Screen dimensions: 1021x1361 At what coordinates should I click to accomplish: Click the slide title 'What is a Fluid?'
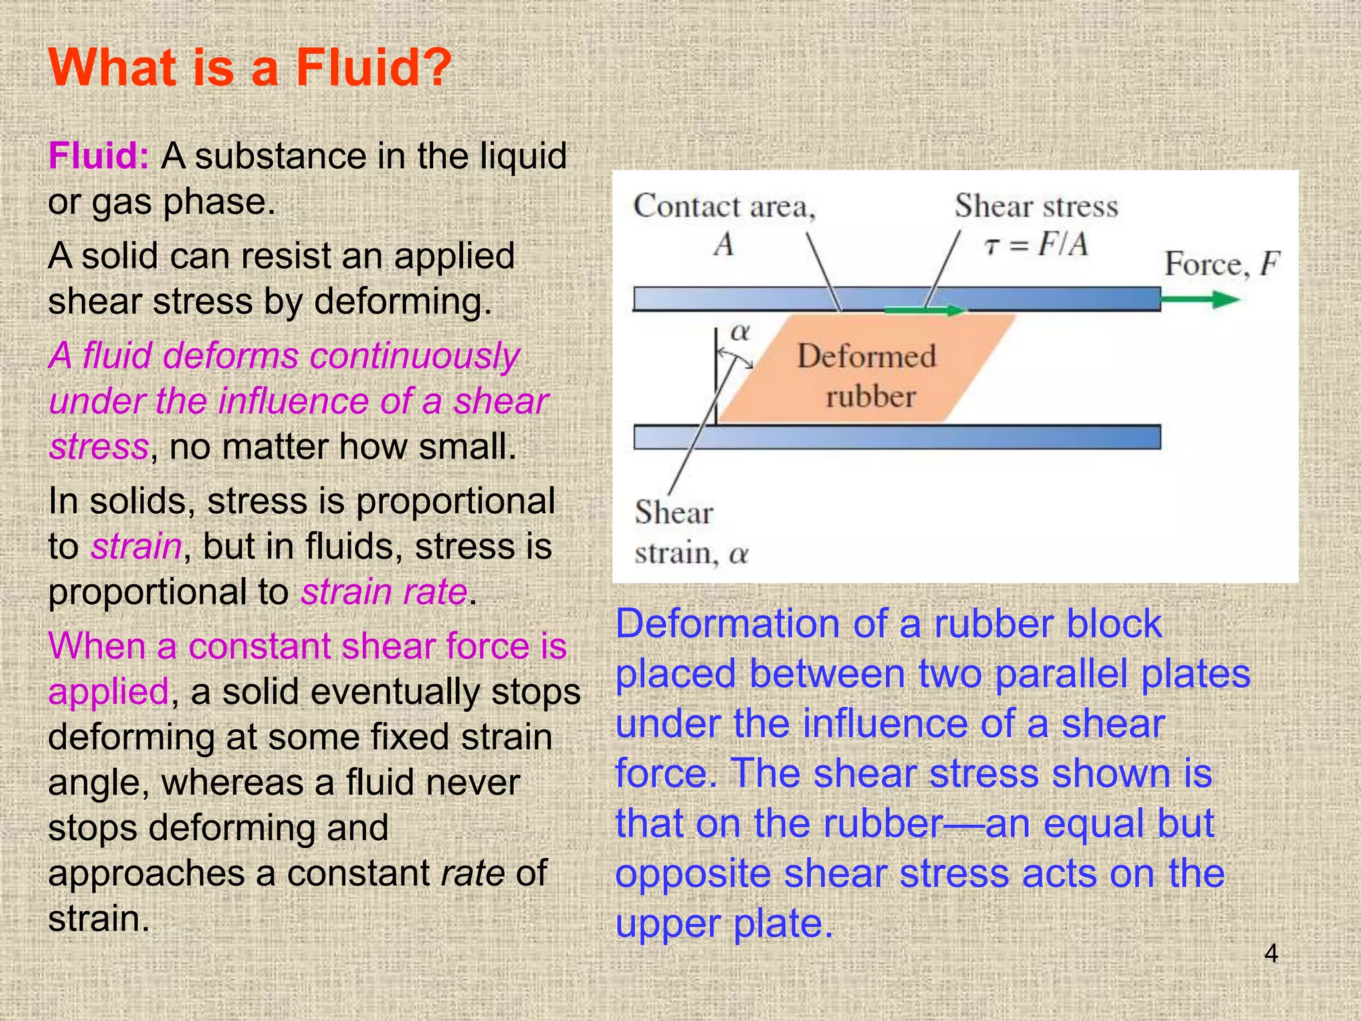(x=250, y=68)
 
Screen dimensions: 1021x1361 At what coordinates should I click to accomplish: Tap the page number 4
(x=1271, y=954)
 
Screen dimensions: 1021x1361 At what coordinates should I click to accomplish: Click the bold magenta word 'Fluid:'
(x=98, y=157)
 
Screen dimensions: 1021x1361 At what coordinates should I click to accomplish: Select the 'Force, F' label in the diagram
(x=1221, y=264)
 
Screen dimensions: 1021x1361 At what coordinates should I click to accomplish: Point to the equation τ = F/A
(x=1035, y=245)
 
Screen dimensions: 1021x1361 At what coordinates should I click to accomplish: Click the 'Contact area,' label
(x=724, y=207)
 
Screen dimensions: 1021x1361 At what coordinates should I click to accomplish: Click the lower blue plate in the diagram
(x=897, y=437)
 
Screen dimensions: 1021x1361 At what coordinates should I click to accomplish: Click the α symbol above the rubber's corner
(x=739, y=332)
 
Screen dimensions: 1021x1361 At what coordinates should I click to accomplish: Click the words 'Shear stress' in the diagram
(x=1036, y=206)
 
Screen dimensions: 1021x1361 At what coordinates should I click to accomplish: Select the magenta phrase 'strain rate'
(x=384, y=592)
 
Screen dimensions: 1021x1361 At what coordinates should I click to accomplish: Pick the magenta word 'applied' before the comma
(x=108, y=692)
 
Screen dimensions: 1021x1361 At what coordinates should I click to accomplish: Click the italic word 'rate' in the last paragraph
(x=472, y=873)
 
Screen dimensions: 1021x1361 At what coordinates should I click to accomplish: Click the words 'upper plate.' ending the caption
(x=724, y=923)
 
